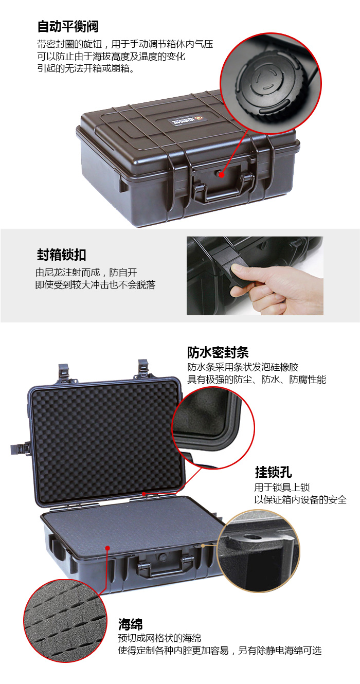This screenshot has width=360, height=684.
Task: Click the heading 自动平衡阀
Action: coord(68,27)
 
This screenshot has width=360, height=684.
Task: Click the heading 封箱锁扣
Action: coord(61,255)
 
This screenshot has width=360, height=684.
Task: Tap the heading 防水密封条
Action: coord(218,352)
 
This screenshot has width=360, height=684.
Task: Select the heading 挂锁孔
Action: coord(273,472)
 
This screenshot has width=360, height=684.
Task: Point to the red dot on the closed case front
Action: coord(222,175)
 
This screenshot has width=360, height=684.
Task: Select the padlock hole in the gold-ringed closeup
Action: coord(252,536)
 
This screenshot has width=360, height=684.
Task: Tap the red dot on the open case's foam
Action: coord(107,548)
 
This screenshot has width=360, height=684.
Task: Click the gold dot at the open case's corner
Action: coord(203,545)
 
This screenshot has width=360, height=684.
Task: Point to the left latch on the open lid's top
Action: coord(64,373)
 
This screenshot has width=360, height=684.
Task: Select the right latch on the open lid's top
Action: coord(143,369)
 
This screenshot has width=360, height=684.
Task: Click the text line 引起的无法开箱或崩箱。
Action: coord(86,68)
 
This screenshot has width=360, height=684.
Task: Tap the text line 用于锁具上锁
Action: coord(282,488)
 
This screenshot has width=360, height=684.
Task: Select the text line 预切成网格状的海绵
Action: coord(159,638)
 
